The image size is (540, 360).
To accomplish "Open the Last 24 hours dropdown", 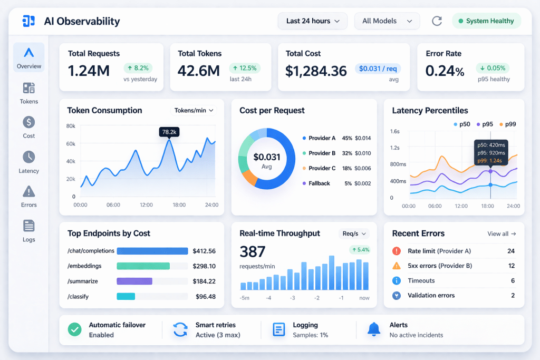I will (312, 21).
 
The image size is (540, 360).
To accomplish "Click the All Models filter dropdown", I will (387, 21).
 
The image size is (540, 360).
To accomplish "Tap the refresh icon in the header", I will (437, 21).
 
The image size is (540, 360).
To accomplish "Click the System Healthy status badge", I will (486, 21).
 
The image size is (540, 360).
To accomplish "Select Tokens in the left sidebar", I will (29, 93).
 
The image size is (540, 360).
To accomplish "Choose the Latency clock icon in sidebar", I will (29, 157).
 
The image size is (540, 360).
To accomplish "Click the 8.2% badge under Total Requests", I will (138, 68).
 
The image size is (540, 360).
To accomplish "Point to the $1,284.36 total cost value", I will (316, 71).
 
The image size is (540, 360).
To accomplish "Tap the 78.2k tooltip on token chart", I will (169, 132).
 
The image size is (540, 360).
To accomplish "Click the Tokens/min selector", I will (194, 110).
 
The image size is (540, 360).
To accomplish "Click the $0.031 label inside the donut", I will (266, 157).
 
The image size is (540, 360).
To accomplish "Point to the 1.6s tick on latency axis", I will (395, 131).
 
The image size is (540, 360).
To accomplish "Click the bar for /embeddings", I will (143, 266).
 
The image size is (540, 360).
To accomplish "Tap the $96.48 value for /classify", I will (205, 297).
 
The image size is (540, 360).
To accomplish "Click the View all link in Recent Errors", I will (502, 233).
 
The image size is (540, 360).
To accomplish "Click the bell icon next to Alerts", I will (374, 329).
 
